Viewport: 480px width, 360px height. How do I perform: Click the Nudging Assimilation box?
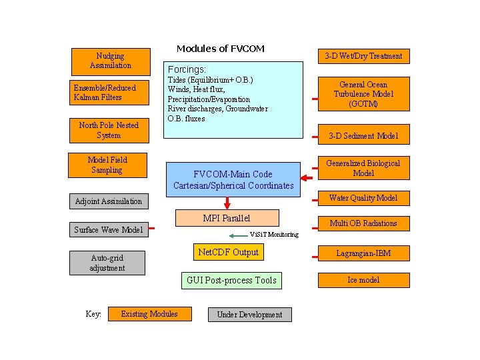pyautogui.click(x=109, y=61)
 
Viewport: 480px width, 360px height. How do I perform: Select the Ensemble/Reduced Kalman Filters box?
pyautogui.click(x=109, y=93)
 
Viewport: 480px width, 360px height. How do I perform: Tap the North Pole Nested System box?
pyautogui.click(x=109, y=130)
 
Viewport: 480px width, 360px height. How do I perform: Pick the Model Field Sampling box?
pyautogui.click(x=107, y=165)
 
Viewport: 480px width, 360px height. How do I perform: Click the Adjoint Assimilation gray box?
pyautogui.click(x=109, y=201)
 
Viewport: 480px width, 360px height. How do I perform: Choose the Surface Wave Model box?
pyautogui.click(x=108, y=230)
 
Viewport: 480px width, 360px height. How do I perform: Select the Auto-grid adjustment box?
pyautogui.click(x=107, y=263)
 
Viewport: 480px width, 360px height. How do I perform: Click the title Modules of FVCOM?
pyautogui.click(x=220, y=49)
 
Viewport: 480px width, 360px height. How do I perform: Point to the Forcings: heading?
pyautogui.click(x=187, y=69)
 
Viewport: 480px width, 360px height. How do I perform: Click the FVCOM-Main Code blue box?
pyautogui.click(x=233, y=179)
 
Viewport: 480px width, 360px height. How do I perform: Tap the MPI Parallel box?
pyautogui.click(x=227, y=218)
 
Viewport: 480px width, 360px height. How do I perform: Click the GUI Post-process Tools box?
pyautogui.click(x=231, y=280)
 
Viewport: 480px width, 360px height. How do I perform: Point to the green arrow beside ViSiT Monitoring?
pyautogui.click(x=237, y=235)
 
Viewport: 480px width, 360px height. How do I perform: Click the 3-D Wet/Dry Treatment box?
pyautogui.click(x=363, y=56)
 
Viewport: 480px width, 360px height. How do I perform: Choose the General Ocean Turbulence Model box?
pyautogui.click(x=363, y=94)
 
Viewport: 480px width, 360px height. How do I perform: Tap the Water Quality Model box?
pyautogui.click(x=363, y=198)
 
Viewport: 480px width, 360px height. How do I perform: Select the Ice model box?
pyautogui.click(x=363, y=280)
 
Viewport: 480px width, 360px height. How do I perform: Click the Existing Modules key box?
pyautogui.click(x=149, y=314)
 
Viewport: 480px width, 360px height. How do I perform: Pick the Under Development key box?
pyautogui.click(x=249, y=315)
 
